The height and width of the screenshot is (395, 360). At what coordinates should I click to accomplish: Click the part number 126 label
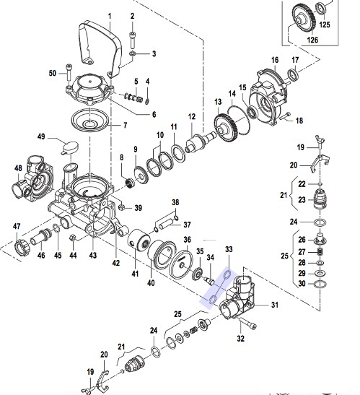312,40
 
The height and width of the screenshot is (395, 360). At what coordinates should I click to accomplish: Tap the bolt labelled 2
133,40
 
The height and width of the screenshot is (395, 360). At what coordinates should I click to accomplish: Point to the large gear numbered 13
227,129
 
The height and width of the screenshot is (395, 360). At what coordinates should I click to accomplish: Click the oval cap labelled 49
70,147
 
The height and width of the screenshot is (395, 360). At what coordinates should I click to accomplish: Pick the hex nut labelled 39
122,207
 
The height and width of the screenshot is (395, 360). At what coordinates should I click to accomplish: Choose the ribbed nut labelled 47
22,248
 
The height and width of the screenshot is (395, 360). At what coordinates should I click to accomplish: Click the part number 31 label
275,305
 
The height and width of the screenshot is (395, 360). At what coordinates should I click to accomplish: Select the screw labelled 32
247,324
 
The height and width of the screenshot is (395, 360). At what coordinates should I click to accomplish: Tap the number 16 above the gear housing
275,60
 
